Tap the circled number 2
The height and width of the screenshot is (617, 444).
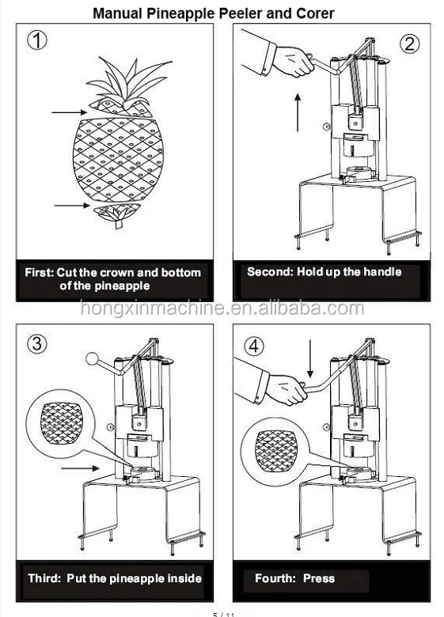pos(409,44)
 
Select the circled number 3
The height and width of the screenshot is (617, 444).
pos(37,343)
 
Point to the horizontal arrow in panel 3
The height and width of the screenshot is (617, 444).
pos(79,469)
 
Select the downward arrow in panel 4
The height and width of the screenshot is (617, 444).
pos(310,357)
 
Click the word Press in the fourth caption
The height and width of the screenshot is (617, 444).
pos(318,578)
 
